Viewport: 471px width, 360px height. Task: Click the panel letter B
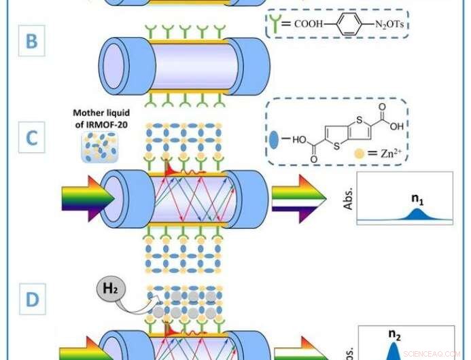31,42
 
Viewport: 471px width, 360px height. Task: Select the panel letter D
31,300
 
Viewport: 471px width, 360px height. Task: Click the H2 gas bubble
108,293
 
